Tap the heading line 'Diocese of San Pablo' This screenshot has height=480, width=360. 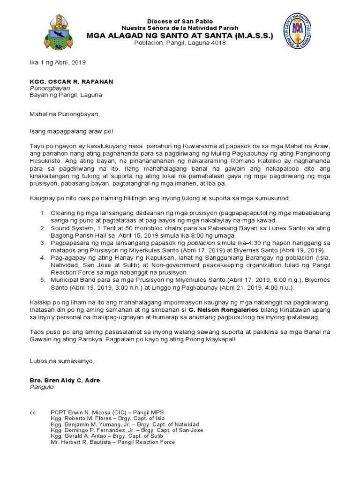click(180, 22)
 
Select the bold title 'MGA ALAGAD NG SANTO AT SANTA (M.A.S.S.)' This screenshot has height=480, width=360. click(180, 35)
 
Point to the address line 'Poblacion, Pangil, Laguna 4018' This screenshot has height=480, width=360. click(180, 43)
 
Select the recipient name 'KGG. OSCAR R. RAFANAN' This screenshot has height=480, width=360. click(71, 81)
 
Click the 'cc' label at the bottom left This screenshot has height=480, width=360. click(32, 412)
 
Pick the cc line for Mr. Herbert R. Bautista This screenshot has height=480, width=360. click(112, 442)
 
